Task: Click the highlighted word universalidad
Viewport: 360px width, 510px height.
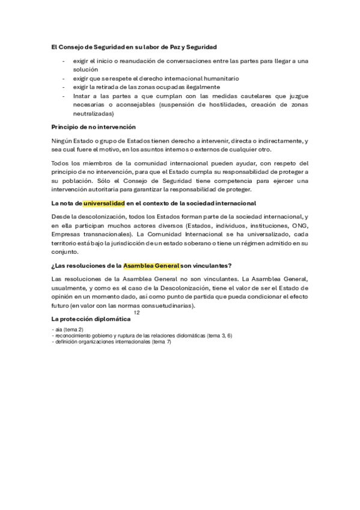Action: [103, 203]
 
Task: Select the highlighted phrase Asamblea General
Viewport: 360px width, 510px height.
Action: [151, 265]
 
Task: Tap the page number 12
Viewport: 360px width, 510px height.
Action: [136, 313]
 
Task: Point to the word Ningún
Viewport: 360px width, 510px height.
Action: [63, 141]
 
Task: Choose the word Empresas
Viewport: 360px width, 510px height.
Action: [66, 234]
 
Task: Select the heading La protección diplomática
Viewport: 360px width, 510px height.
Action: [91, 318]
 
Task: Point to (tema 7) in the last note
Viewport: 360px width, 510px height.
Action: [162, 342]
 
